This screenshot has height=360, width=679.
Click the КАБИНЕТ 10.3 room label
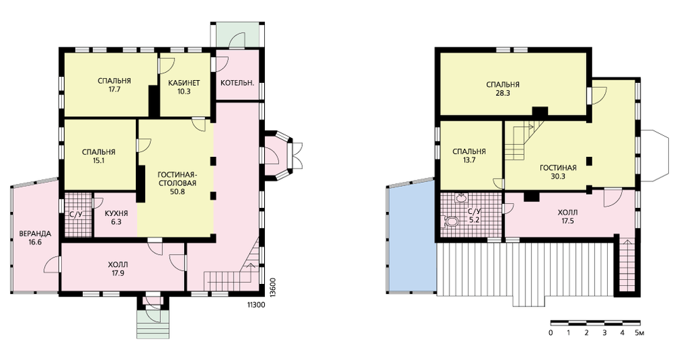click(x=184, y=87)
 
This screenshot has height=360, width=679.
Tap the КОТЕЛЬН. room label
click(x=237, y=83)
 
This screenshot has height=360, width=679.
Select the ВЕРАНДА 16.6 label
click(x=35, y=238)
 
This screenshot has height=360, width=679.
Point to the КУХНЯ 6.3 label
click(x=116, y=217)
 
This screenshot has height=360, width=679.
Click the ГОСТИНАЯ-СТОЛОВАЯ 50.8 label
click(x=177, y=183)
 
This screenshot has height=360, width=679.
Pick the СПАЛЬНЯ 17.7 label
click(x=114, y=86)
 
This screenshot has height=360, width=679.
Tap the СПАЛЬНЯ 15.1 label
click(x=98, y=156)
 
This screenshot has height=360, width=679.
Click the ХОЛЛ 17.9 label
click(x=117, y=268)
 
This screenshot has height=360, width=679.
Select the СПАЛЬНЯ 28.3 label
click(x=502, y=89)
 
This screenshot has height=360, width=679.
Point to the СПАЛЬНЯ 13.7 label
click(x=469, y=156)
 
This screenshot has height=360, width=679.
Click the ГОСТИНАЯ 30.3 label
click(x=558, y=172)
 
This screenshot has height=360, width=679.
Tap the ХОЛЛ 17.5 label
click(x=567, y=217)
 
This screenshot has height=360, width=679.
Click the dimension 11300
click(x=256, y=305)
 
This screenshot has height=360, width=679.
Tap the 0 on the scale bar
click(x=551, y=333)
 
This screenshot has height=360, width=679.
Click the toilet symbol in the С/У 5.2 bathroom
click(x=450, y=222)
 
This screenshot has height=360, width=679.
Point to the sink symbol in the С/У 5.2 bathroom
click(x=460, y=198)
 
